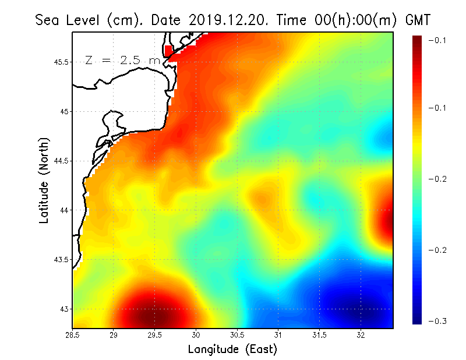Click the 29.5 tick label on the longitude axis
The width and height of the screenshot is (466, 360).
[155, 334]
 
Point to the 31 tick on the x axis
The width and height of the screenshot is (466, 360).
[278, 334]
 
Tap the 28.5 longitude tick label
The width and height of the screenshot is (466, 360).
[73, 334]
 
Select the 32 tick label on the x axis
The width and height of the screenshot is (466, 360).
[361, 334]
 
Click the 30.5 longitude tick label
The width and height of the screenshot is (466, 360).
[238, 334]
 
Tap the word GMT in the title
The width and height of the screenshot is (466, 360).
[417, 20]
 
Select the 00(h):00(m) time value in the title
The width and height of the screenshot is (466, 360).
[348, 20]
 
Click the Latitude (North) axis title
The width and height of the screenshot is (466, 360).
[44, 181]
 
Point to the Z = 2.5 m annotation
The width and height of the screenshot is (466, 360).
[122, 61]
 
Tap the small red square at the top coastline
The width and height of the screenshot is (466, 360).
[169, 51]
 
